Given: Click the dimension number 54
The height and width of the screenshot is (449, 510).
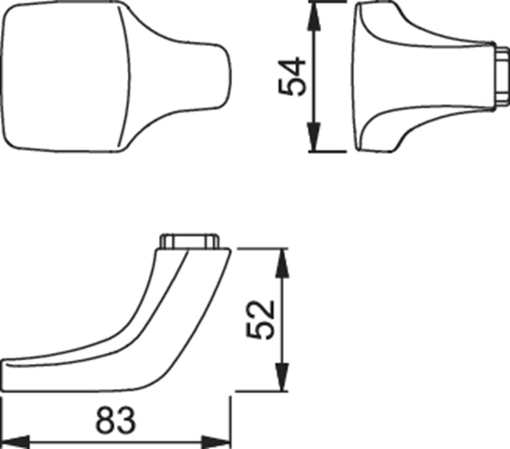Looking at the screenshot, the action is (292, 77).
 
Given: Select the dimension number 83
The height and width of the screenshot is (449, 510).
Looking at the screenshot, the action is (115, 419).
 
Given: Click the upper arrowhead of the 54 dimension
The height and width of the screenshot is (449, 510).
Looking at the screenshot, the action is (314, 17).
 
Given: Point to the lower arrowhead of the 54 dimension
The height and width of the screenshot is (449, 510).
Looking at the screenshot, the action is (314, 136).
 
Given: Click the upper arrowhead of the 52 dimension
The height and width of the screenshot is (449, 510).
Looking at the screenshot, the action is (283, 264).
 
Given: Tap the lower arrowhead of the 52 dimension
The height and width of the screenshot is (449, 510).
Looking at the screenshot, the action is (283, 376).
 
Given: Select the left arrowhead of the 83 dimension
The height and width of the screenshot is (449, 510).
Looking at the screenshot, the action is (16, 442).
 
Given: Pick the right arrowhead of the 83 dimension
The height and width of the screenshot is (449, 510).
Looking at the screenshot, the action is (216, 442).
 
